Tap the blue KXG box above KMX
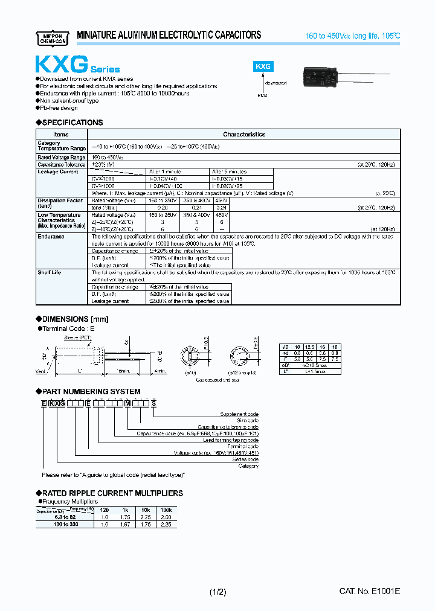tap(262, 68)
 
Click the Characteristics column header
tap(243, 134)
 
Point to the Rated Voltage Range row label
tap(61, 157)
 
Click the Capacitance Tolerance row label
tap(61, 164)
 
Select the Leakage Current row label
tap(58, 171)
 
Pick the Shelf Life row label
tap(50, 272)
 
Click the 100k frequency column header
tap(166, 510)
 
